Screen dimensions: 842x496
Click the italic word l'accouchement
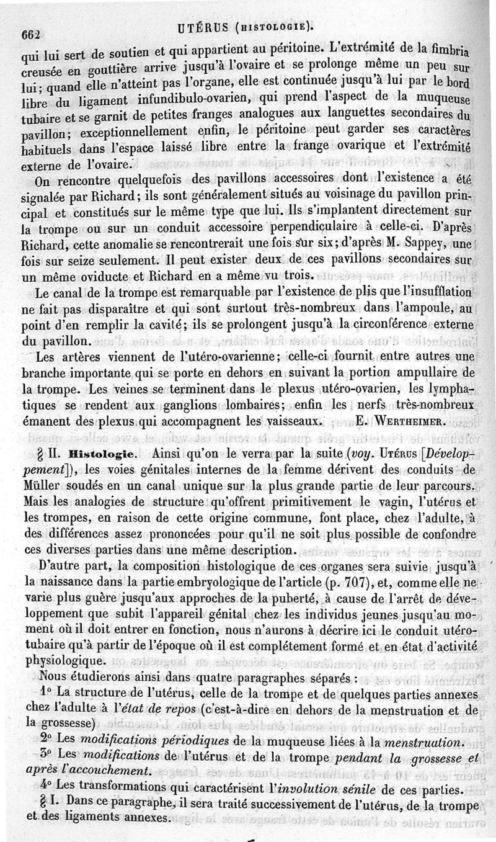(110, 772)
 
